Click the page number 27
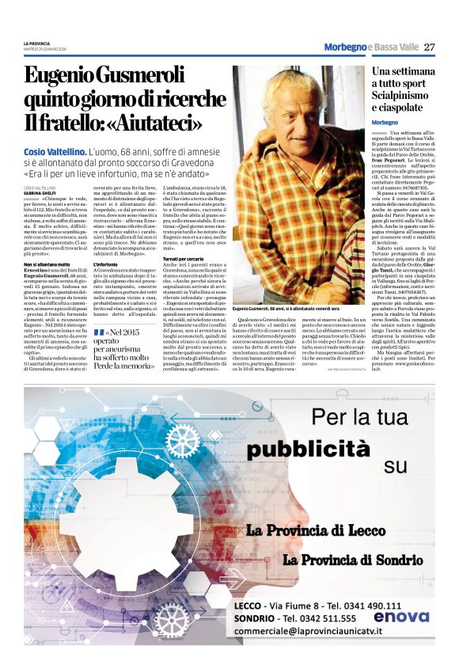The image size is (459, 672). click(430, 47)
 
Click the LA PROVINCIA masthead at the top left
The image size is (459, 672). click(36, 42)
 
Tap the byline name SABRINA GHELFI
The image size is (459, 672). click(40, 192)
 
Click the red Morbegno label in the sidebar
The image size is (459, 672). click(385, 123)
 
